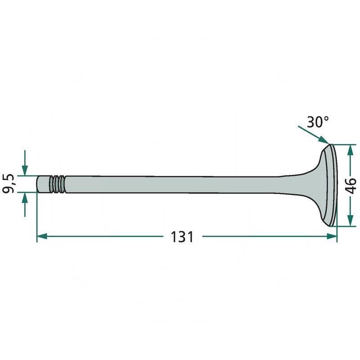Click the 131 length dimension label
pyautogui.click(x=182, y=237)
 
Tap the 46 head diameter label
pyautogui.click(x=351, y=185)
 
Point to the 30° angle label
pyautogui.click(x=318, y=122)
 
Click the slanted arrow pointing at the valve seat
pyautogui.click(x=314, y=135)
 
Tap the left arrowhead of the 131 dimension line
pyautogui.click(x=42, y=236)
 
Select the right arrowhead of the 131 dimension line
pyautogui.click(x=332, y=236)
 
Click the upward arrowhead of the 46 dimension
pyautogui.click(x=350, y=150)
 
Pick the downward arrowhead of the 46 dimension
pyautogui.click(x=350, y=220)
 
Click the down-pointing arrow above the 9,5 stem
pyautogui.click(x=25, y=163)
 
